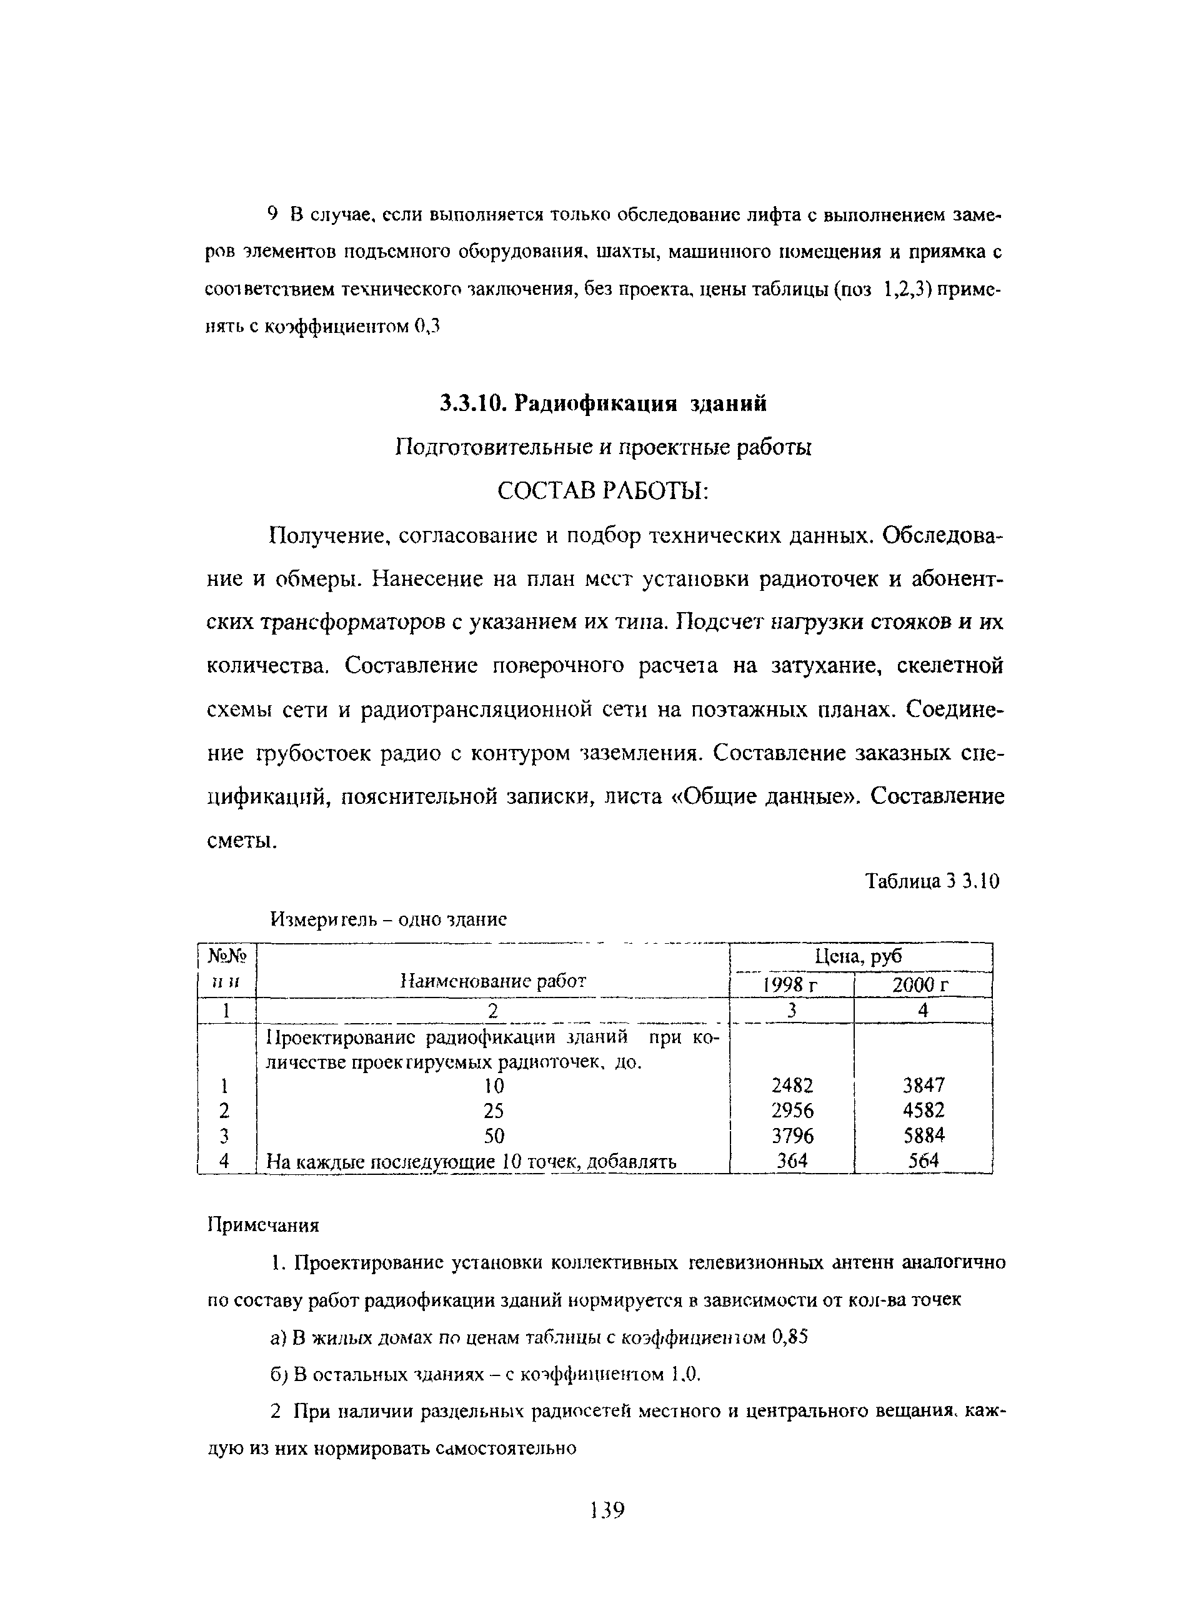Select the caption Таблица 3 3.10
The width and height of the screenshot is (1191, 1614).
coord(932,881)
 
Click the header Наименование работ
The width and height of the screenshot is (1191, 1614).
coord(493,980)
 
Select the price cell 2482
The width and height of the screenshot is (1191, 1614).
coord(792,1085)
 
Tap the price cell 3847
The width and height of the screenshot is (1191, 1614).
coord(924,1085)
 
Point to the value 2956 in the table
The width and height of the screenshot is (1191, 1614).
coord(792,1111)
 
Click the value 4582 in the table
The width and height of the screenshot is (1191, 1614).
coord(924,1111)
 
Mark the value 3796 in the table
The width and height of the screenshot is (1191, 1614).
coord(792,1136)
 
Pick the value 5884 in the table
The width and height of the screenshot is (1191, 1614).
coord(924,1136)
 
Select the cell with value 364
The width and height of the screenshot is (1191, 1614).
coord(792,1161)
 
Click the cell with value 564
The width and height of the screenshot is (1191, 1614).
coord(924,1161)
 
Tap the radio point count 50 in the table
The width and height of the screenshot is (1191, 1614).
coord(494,1136)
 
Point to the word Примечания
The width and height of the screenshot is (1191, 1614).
coord(263,1225)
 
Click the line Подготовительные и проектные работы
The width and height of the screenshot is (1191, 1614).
coord(604,447)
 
